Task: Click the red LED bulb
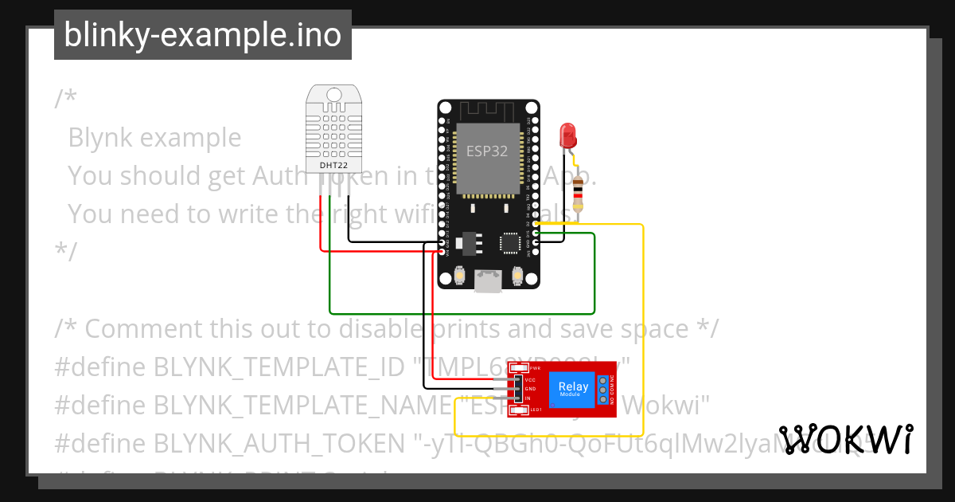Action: tap(568, 134)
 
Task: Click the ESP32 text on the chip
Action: tap(487, 151)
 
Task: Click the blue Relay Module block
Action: tap(573, 390)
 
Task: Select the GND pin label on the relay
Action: tap(530, 389)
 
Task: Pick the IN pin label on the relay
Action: tap(528, 398)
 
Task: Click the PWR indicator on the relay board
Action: tap(534, 368)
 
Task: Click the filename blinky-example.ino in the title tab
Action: tap(202, 35)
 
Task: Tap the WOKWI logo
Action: tap(846, 439)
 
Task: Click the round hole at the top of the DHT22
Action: tap(334, 96)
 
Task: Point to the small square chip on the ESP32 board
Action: tap(509, 242)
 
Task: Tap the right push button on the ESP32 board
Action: tap(517, 276)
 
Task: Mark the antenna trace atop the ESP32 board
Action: tap(488, 109)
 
